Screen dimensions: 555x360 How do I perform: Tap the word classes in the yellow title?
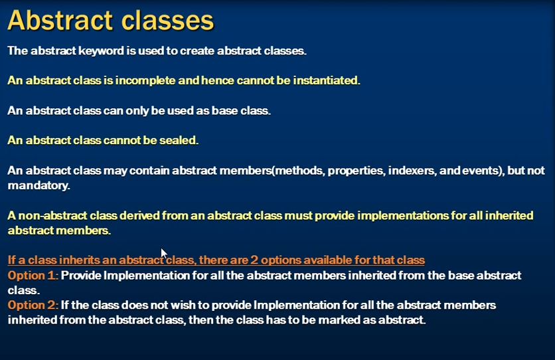click(168, 20)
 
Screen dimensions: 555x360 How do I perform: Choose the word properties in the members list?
click(356, 171)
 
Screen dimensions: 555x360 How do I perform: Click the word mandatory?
click(39, 186)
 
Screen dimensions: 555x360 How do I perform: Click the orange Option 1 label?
click(33, 276)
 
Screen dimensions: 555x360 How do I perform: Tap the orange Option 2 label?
click(33, 305)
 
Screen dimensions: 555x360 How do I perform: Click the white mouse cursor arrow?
click(163, 254)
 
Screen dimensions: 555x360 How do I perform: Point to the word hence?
click(218, 81)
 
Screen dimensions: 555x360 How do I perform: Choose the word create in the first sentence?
click(197, 51)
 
